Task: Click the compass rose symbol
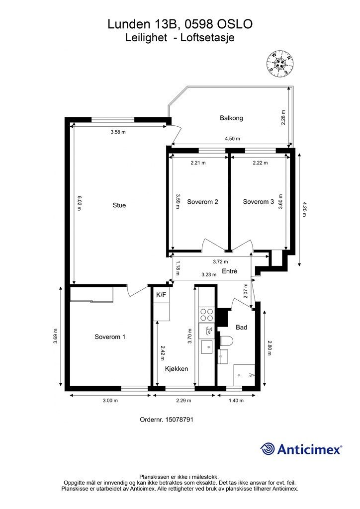(280, 64)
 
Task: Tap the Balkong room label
(231, 118)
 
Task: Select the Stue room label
(119, 205)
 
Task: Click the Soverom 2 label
(202, 202)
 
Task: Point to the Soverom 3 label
(259, 202)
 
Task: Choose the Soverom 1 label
(110, 337)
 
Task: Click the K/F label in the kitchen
(161, 295)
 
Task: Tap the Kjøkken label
(176, 369)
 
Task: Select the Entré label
(230, 271)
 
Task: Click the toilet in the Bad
(226, 341)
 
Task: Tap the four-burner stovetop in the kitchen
(206, 315)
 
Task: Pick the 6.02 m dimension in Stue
(79, 203)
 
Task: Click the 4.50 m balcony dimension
(232, 139)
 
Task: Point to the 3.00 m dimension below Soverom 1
(110, 401)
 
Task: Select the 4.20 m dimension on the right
(304, 209)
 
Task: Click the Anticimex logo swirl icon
(268, 449)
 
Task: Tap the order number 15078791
(179, 420)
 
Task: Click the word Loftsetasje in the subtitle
(207, 38)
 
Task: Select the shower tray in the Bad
(244, 375)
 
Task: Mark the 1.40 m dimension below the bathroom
(236, 401)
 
